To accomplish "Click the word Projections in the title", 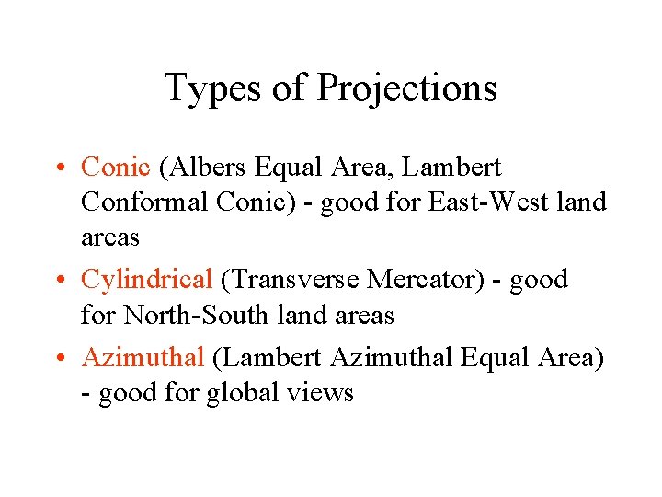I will pyautogui.click(x=406, y=89).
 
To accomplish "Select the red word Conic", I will pyautogui.click(x=115, y=168).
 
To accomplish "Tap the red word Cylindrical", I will pyautogui.click(x=147, y=279).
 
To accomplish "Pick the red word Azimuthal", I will pyautogui.click(x=143, y=357).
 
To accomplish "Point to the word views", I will pyautogui.click(x=319, y=393).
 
